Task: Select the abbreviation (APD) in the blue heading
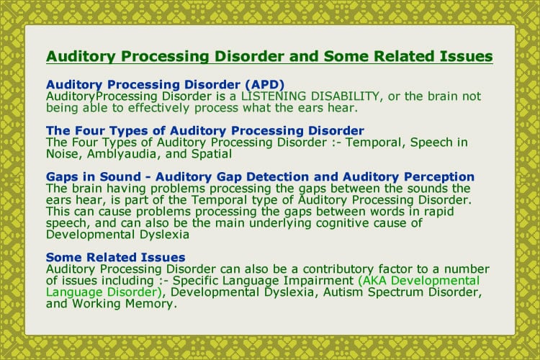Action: [258, 84]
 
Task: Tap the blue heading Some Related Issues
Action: [115, 257]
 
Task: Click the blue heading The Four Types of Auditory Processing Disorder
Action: [204, 130]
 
